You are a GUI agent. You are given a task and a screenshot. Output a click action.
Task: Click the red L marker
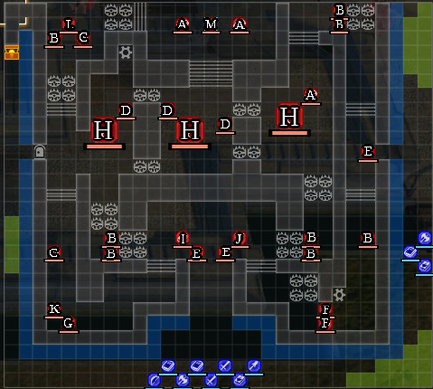click(68, 24)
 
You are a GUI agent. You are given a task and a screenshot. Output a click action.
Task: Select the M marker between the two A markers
click(211, 25)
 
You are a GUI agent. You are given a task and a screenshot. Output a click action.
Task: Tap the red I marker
click(181, 238)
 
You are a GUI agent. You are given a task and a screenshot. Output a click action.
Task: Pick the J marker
click(238, 238)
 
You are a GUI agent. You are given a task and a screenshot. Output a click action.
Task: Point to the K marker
click(54, 309)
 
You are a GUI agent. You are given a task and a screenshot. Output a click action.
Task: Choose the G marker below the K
click(68, 323)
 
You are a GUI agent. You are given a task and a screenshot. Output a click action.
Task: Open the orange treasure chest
click(12, 52)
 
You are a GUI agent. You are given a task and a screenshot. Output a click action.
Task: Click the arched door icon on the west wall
click(40, 152)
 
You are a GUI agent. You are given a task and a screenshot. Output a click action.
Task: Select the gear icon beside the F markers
click(340, 294)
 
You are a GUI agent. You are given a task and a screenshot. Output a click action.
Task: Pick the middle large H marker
click(190, 131)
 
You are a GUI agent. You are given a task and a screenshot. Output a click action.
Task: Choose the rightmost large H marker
click(287, 117)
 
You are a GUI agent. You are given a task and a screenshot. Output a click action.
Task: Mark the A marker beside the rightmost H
click(311, 95)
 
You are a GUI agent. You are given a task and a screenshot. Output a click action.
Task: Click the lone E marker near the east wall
click(368, 152)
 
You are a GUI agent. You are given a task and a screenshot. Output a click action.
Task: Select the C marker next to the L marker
click(83, 38)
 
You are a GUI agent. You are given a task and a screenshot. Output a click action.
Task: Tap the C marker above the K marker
click(54, 252)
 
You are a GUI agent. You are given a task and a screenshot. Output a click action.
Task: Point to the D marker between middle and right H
click(225, 125)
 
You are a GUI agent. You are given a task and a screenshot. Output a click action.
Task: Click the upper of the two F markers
click(326, 309)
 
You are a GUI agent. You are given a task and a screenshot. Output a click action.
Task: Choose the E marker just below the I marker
click(197, 253)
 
